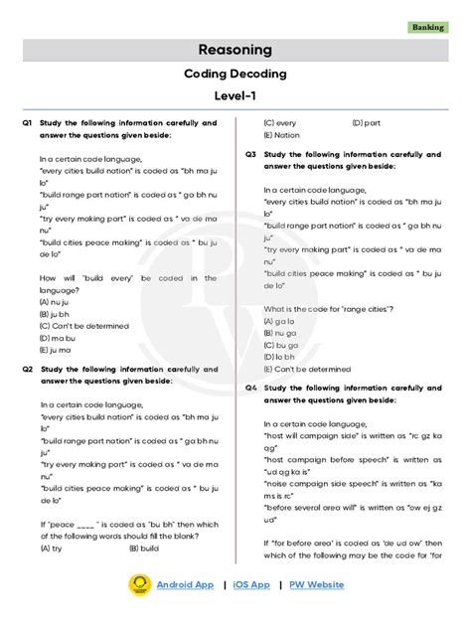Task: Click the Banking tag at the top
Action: click(x=428, y=28)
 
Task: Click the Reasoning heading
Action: click(x=235, y=50)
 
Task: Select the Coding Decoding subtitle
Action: click(x=235, y=74)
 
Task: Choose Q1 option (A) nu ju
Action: click(x=59, y=301)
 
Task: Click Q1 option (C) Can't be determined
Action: click(x=84, y=325)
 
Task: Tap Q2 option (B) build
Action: click(x=141, y=547)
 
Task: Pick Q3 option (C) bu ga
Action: click(x=283, y=345)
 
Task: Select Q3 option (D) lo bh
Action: click(x=282, y=357)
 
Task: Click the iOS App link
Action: click(x=251, y=585)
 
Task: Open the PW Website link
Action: click(x=317, y=585)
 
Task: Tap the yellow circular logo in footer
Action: click(x=139, y=585)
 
